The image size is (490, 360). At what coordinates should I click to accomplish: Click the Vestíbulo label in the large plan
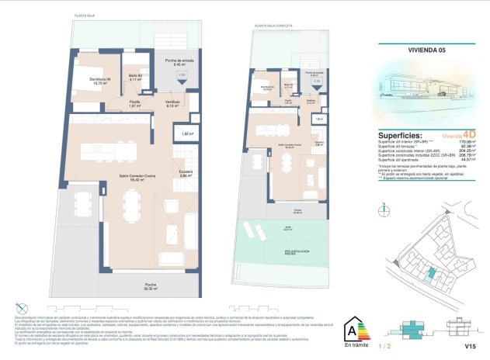coord(172,103)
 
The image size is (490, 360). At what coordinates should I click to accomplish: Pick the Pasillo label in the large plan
coord(134,102)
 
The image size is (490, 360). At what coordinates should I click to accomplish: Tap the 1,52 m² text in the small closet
coord(186,133)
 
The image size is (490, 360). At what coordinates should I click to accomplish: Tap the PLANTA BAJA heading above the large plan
coord(85,15)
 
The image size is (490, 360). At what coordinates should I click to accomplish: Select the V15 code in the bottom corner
coord(469,345)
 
